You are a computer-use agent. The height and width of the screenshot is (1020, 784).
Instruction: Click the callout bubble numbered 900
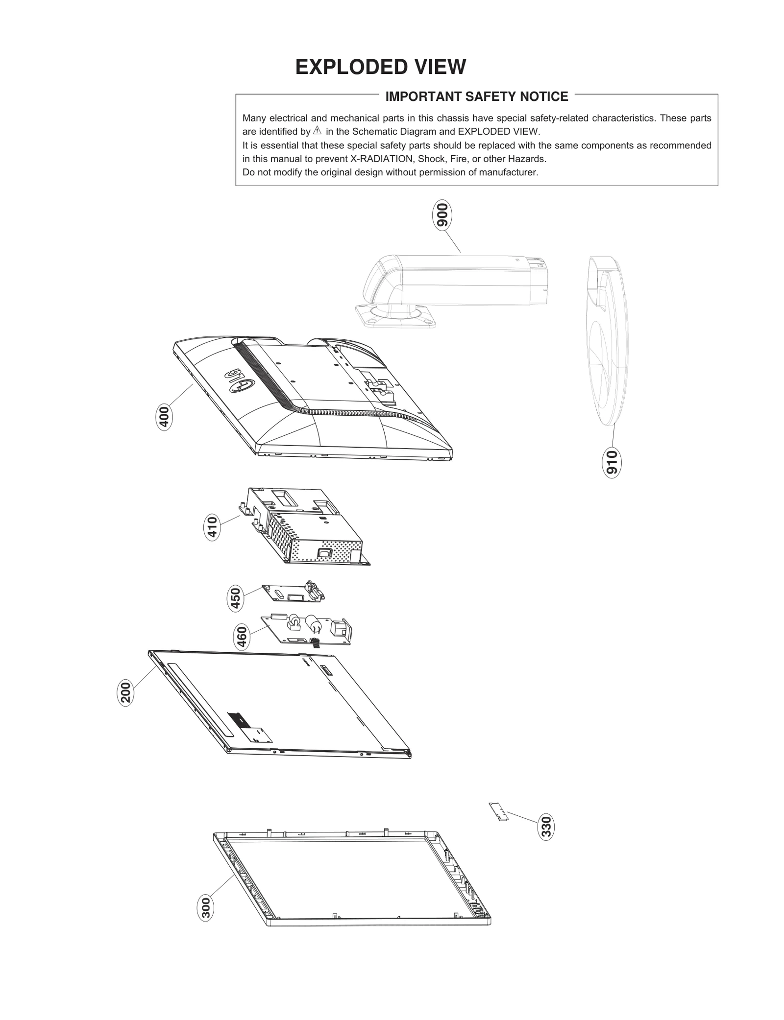(442, 215)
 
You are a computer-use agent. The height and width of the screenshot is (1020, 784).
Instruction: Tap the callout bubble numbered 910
(611, 462)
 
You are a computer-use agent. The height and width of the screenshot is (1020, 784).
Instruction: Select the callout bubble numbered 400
(164, 417)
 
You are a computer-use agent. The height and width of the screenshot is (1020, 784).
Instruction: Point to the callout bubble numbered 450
(236, 598)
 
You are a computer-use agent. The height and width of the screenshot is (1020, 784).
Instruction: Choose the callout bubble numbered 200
(125, 692)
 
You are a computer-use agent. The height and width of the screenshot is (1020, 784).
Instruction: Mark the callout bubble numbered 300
(206, 907)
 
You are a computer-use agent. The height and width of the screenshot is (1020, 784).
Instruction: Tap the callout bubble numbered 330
(546, 827)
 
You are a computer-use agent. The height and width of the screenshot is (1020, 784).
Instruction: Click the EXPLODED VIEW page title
(380, 67)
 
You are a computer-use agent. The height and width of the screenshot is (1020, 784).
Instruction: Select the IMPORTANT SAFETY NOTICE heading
(476, 96)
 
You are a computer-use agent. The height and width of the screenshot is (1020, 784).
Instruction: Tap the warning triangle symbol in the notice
(317, 131)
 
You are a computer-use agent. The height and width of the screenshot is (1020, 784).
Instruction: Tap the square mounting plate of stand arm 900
(396, 316)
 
